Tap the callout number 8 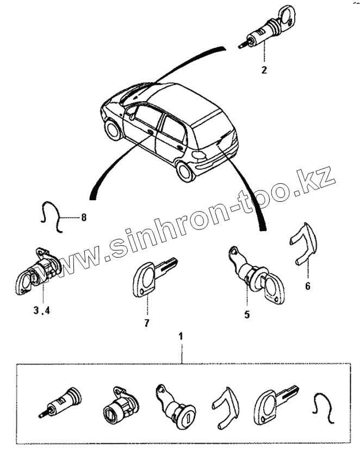point(84,218)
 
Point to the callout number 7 point(146,323)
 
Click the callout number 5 point(247,314)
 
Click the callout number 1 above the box point(181,337)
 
